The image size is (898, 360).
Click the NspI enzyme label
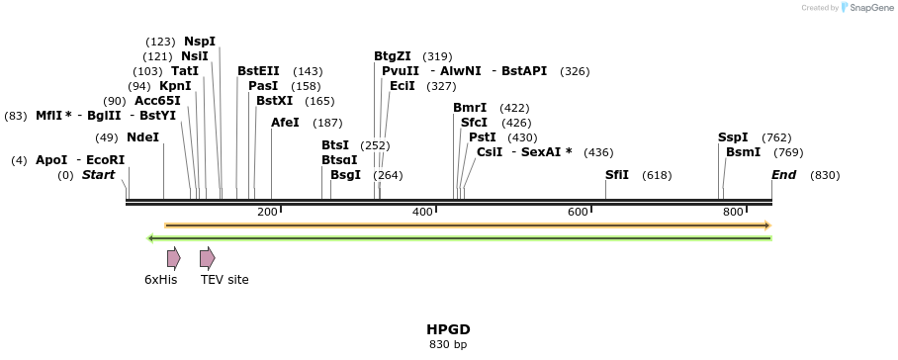[x=199, y=42]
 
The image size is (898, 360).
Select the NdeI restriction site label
[x=142, y=137]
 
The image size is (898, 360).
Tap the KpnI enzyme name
[x=175, y=86]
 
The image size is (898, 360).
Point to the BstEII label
[x=258, y=71]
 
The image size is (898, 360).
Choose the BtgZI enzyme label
[x=392, y=56]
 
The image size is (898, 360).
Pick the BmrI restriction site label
[x=470, y=108]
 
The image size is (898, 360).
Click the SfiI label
[x=617, y=175]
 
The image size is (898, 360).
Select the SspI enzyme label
[x=733, y=137]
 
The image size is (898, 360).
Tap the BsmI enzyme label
[x=743, y=152]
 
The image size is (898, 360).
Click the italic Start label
[x=98, y=175]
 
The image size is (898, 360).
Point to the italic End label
[x=784, y=175]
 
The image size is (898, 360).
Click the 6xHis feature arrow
[x=174, y=259]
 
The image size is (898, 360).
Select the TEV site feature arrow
[x=207, y=259]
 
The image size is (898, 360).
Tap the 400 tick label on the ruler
[x=422, y=213]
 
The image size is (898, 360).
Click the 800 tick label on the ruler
[x=733, y=213]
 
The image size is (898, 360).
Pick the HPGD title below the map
[x=448, y=329]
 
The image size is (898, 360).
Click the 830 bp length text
[x=448, y=345]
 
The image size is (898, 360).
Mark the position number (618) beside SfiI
[x=657, y=175]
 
